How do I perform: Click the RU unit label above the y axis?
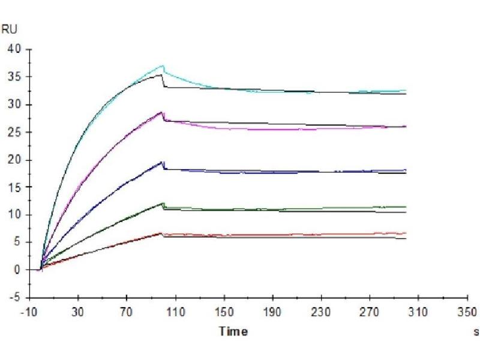point(9,28)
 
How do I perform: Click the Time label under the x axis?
point(233,331)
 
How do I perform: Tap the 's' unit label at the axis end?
point(476,331)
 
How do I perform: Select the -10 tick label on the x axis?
point(29,311)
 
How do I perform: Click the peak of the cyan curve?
point(163,65)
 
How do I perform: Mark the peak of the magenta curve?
point(162,112)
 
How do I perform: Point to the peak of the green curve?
point(163,203)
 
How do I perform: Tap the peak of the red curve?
point(162,233)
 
